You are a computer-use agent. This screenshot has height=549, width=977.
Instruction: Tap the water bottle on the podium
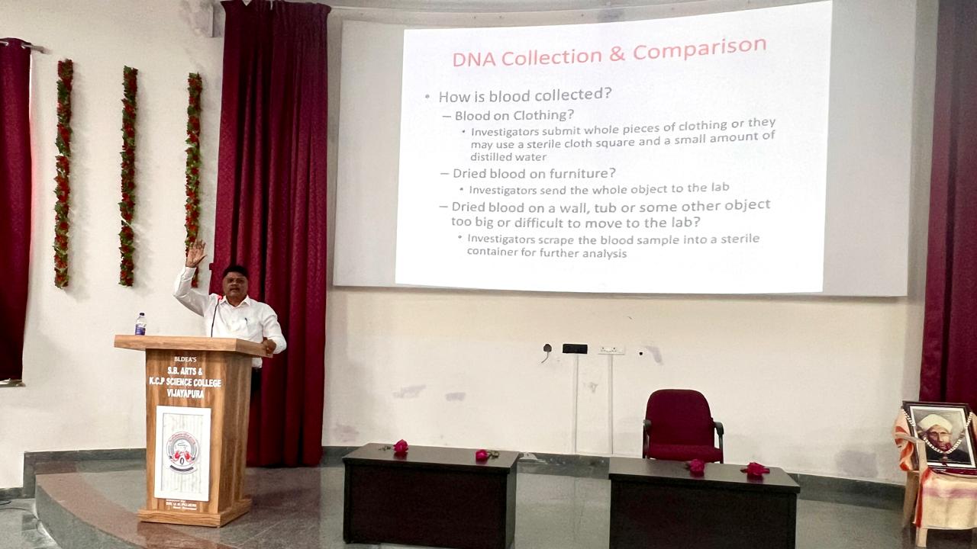pyautogui.click(x=140, y=324)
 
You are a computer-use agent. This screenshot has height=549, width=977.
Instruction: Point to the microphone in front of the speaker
pyautogui.click(x=214, y=314)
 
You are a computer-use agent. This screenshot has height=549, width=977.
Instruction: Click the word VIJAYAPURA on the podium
pyautogui.click(x=186, y=393)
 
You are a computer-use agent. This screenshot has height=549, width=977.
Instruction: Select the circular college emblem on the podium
pyautogui.click(x=183, y=451)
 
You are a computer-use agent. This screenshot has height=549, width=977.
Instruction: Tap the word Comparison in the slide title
pyautogui.click(x=699, y=50)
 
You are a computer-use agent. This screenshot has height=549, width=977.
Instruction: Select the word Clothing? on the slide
pyautogui.click(x=543, y=115)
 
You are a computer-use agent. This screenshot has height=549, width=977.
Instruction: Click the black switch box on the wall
pyautogui.click(x=575, y=348)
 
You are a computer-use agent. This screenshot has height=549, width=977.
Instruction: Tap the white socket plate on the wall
pyautogui.click(x=611, y=349)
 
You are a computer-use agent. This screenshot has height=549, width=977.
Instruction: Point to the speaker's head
pyautogui.click(x=234, y=280)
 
